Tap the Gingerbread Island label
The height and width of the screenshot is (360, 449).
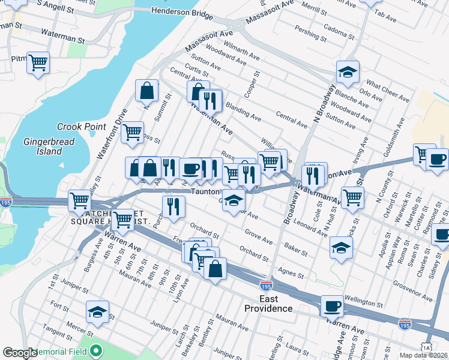point(43,146)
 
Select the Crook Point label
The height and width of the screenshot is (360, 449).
point(82,127)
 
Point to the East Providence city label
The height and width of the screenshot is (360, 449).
point(268,304)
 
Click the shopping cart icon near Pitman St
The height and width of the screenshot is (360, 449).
point(38,62)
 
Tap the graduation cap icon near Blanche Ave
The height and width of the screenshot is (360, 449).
point(348,72)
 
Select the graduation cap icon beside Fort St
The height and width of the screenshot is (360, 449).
point(97,312)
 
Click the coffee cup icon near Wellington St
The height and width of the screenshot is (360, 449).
point(332,307)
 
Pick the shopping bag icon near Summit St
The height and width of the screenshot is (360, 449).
point(147,91)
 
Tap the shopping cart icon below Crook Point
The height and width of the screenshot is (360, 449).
point(132,132)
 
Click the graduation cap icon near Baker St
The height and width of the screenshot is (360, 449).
point(341,248)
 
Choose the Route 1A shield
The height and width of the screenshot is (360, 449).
point(427,347)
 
